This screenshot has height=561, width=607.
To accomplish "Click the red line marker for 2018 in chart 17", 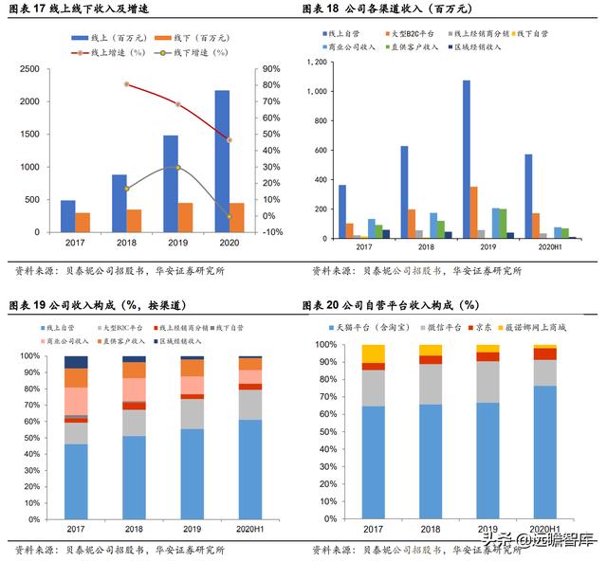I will click(x=126, y=84).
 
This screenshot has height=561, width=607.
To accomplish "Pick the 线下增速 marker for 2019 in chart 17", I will click(x=177, y=168).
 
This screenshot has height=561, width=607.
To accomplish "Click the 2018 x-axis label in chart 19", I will click(x=133, y=527).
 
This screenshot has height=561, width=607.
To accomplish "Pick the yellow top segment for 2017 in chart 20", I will click(x=374, y=353).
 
